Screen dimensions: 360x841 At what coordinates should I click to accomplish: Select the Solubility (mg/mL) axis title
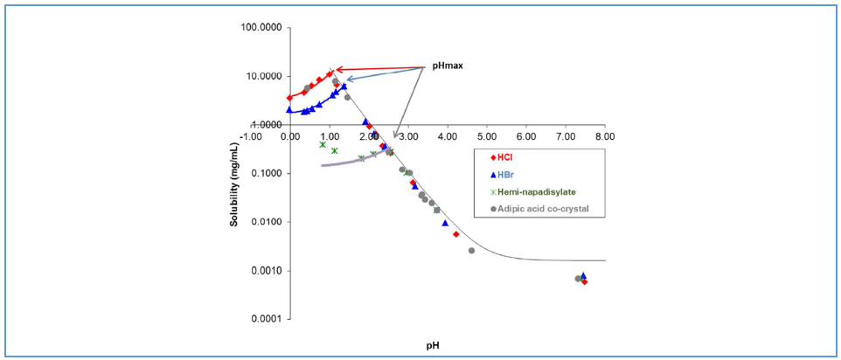point(235,176)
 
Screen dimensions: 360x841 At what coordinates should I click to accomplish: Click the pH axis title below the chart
point(433,345)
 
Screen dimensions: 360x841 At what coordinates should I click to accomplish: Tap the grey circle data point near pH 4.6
point(472,251)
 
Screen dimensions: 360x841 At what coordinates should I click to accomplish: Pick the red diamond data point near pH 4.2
point(456,234)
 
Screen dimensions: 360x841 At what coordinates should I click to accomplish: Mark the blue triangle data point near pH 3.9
point(445,223)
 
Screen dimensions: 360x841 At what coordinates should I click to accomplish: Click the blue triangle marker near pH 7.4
point(583,275)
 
